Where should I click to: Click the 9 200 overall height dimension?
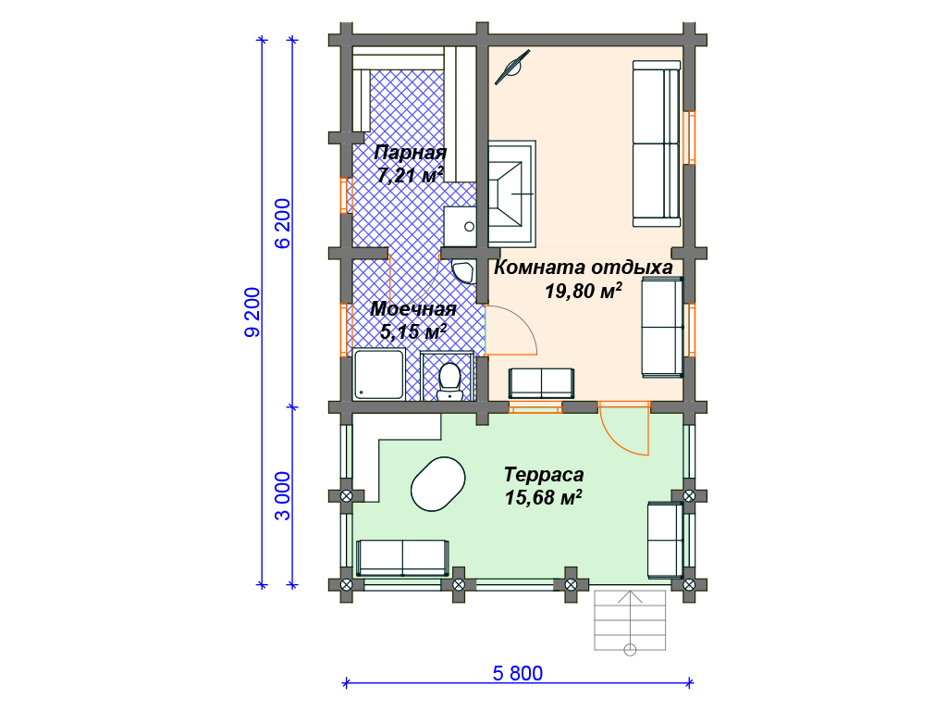click(252, 312)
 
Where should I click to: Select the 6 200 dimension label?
click(283, 223)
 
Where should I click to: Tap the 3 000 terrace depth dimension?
click(283, 496)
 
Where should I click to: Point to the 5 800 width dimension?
click(518, 673)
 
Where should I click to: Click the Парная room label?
click(410, 153)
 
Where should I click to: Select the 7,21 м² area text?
click(410, 175)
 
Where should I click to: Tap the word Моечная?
click(413, 309)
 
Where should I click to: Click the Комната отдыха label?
click(584, 268)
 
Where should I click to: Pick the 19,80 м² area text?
click(584, 291)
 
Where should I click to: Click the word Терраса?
click(544, 475)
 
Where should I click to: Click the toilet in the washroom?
click(449, 380)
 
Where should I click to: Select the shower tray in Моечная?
click(378, 374)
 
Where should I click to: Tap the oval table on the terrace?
click(437, 483)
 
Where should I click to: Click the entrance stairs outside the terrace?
click(630, 621)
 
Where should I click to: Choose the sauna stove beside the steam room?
click(510, 193)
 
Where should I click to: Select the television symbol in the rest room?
click(512, 67)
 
